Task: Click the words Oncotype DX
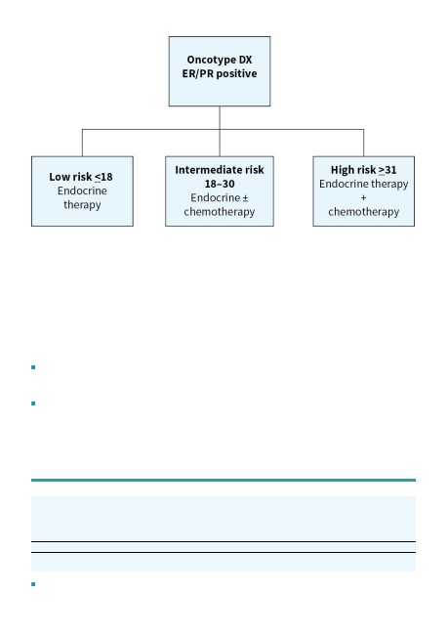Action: [x=220, y=60]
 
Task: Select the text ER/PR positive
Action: [x=220, y=73]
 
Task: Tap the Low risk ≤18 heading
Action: [x=81, y=177]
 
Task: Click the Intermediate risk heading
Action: [x=220, y=170]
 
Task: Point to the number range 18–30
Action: [x=220, y=184]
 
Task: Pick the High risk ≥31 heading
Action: [x=363, y=170]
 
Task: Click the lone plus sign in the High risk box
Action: [x=363, y=198]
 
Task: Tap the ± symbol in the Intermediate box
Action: [x=245, y=198]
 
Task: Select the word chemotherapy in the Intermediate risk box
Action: [x=220, y=212]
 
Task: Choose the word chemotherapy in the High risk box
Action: [x=363, y=212]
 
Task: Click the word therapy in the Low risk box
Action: [x=82, y=205]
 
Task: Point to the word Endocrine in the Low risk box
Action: [x=82, y=190]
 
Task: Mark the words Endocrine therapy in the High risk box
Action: [x=363, y=185]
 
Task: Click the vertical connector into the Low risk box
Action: [x=82, y=143]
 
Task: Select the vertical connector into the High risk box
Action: [x=363, y=143]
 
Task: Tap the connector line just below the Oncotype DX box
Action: [x=220, y=118]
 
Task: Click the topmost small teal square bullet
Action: [x=33, y=367]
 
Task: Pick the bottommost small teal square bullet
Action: [x=33, y=584]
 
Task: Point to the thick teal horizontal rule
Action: [x=224, y=481]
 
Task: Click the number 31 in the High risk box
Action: [x=390, y=170]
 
